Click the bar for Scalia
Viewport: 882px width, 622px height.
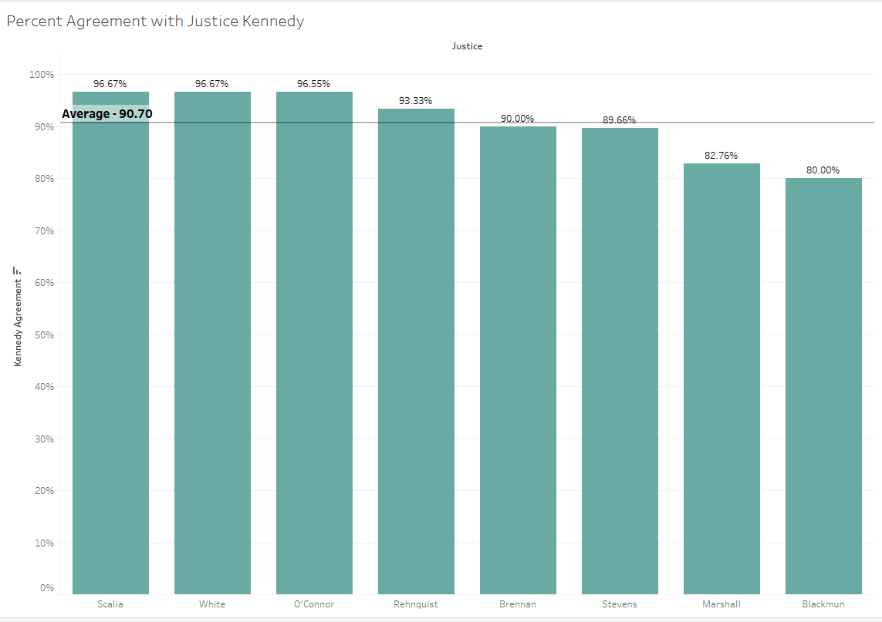pyautogui.click(x=110, y=347)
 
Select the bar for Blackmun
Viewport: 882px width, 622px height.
pyautogui.click(x=823, y=385)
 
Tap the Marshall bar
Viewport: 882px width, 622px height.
pyautogui.click(x=721, y=378)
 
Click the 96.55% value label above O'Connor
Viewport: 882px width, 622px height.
pyautogui.click(x=314, y=84)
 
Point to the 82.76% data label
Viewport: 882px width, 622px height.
pyautogui.click(x=721, y=156)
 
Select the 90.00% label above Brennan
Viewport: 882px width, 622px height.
pyautogui.click(x=517, y=119)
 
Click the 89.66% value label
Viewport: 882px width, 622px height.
pyautogui.click(x=619, y=120)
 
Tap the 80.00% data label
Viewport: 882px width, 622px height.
pyautogui.click(x=823, y=170)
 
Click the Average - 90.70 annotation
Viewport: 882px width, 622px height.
pyautogui.click(x=107, y=114)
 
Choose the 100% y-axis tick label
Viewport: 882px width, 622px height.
pyautogui.click(x=42, y=75)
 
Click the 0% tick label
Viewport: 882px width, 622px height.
pyautogui.click(x=46, y=588)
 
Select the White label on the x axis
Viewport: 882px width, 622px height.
pyautogui.click(x=212, y=604)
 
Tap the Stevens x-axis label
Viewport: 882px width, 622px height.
pyautogui.click(x=620, y=604)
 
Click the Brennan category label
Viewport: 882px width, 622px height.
pyautogui.click(x=518, y=604)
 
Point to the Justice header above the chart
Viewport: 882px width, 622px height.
pyautogui.click(x=468, y=46)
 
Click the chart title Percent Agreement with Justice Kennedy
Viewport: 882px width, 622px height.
pyautogui.click(x=155, y=22)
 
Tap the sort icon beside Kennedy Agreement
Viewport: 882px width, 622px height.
pyautogui.click(x=17, y=271)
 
